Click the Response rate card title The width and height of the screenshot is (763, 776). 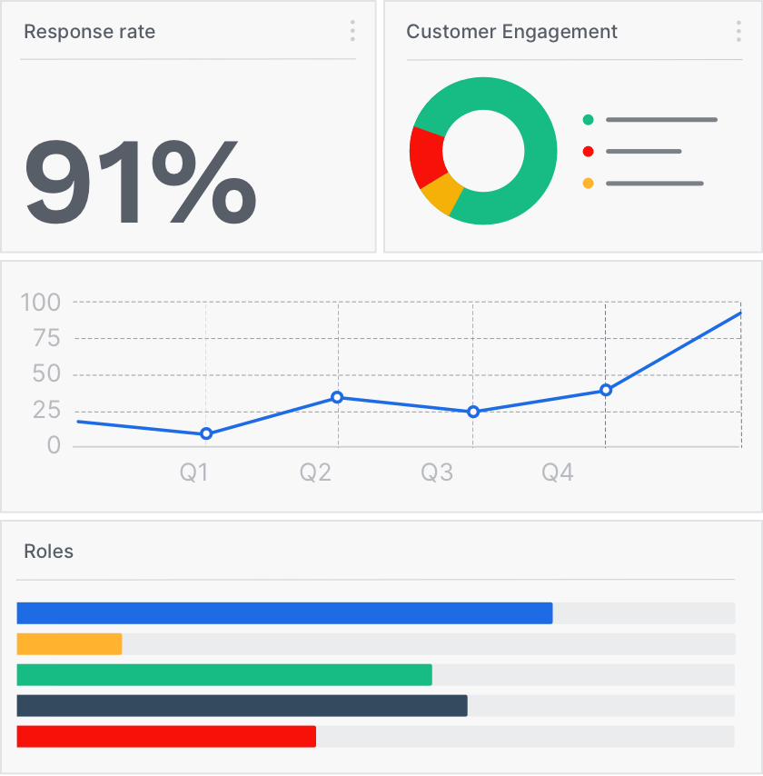(x=89, y=32)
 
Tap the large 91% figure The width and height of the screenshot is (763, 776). (x=140, y=181)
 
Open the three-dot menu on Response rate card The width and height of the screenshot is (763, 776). (x=352, y=32)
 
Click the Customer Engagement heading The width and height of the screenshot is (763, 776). (x=511, y=32)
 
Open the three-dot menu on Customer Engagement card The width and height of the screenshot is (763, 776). (x=738, y=32)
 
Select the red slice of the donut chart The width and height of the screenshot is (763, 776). (x=426, y=155)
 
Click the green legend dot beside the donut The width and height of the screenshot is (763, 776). (x=588, y=119)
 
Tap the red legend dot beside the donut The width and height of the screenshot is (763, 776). (x=588, y=151)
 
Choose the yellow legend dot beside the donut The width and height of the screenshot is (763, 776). (x=588, y=184)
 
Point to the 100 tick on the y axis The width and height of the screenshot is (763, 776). (x=40, y=303)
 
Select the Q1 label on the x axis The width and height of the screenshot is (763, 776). (x=193, y=473)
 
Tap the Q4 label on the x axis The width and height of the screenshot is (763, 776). (x=558, y=473)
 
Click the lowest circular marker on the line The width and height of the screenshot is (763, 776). (x=206, y=433)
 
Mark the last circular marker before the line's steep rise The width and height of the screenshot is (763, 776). (x=606, y=390)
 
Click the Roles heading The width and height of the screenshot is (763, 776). (x=48, y=552)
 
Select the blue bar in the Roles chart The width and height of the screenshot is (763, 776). (x=284, y=613)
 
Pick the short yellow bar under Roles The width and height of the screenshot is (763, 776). (x=69, y=644)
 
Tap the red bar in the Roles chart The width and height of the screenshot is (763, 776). (x=166, y=737)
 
